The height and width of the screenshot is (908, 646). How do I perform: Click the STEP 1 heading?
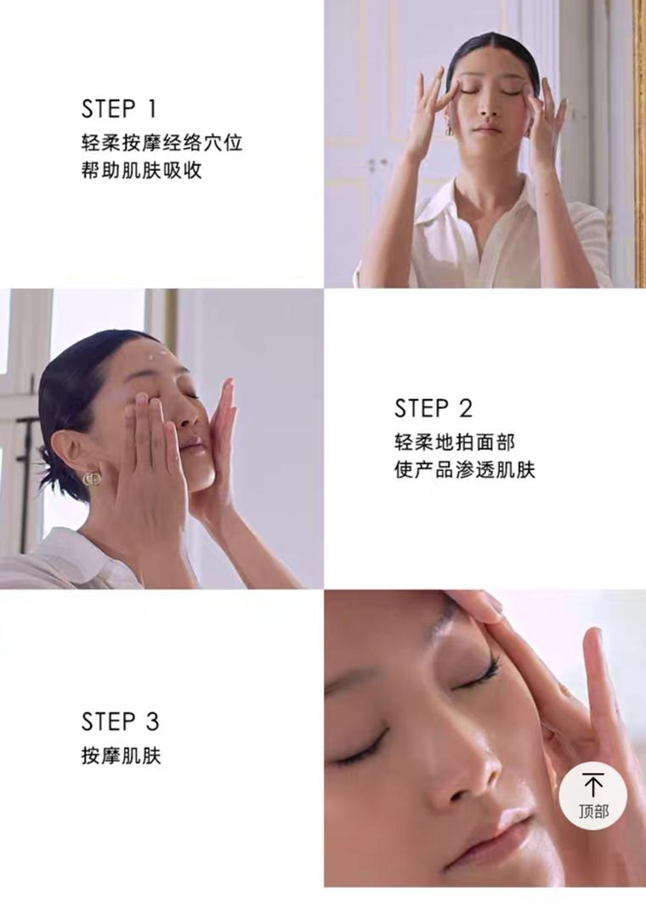tap(119, 109)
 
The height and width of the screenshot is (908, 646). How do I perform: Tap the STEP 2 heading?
tap(433, 408)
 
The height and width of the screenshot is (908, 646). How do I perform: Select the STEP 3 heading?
tap(120, 722)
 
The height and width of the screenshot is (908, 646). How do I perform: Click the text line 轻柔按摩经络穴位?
tap(161, 143)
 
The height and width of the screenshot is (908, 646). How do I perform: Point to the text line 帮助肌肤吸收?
tap(142, 171)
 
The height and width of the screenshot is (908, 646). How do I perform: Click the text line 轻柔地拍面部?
tap(455, 442)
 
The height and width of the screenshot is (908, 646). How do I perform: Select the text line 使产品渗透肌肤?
tap(465, 469)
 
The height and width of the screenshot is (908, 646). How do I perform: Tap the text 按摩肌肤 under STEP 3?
tap(121, 756)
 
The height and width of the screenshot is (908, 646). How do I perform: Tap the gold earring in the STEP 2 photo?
tap(92, 480)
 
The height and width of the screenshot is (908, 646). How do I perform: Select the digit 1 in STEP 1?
tap(151, 109)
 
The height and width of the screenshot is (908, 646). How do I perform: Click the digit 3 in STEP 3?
tap(152, 722)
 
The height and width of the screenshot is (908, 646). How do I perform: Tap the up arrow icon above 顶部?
tap(592, 785)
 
